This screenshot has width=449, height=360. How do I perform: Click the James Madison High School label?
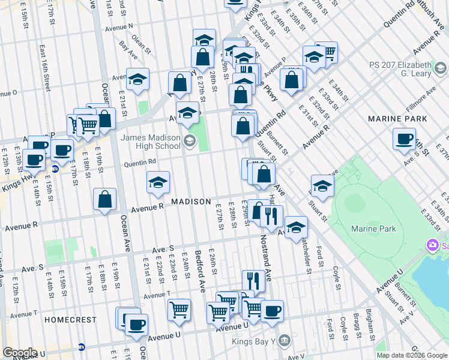coord(151,142)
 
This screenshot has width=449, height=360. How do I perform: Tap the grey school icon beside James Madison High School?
coord(190,142)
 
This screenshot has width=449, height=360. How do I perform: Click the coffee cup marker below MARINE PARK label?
coord(405,139)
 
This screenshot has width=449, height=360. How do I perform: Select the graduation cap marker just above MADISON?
coord(158,182)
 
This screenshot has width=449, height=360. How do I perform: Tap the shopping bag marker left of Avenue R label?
coord(105,200)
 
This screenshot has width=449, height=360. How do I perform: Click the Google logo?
coord(19,353)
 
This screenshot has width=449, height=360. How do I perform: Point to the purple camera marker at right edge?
coord(431,245)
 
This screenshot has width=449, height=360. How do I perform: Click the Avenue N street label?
coord(119,27)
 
